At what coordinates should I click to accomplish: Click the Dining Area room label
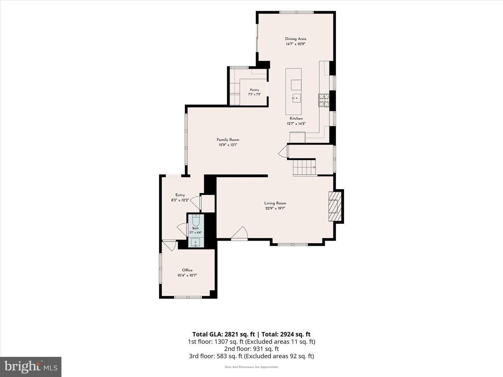(296, 39)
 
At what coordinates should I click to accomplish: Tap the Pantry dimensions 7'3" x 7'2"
(255, 94)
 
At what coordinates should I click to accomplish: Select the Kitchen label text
(296, 118)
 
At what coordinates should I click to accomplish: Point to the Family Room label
(228, 140)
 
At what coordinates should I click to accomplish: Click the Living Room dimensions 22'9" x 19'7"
(275, 208)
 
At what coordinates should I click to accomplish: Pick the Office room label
(187, 270)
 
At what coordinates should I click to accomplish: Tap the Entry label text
(180, 195)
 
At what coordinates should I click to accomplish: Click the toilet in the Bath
(196, 220)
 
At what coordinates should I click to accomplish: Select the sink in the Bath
(196, 242)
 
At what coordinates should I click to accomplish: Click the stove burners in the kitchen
(323, 100)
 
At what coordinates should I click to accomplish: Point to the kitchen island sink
(296, 98)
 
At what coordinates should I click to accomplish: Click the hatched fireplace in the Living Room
(335, 206)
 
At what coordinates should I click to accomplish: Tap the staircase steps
(304, 168)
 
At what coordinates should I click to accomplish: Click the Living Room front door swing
(240, 233)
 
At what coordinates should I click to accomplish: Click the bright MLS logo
(31, 367)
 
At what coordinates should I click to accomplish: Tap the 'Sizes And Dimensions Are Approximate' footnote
(251, 367)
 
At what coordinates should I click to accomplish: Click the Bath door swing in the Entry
(183, 229)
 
